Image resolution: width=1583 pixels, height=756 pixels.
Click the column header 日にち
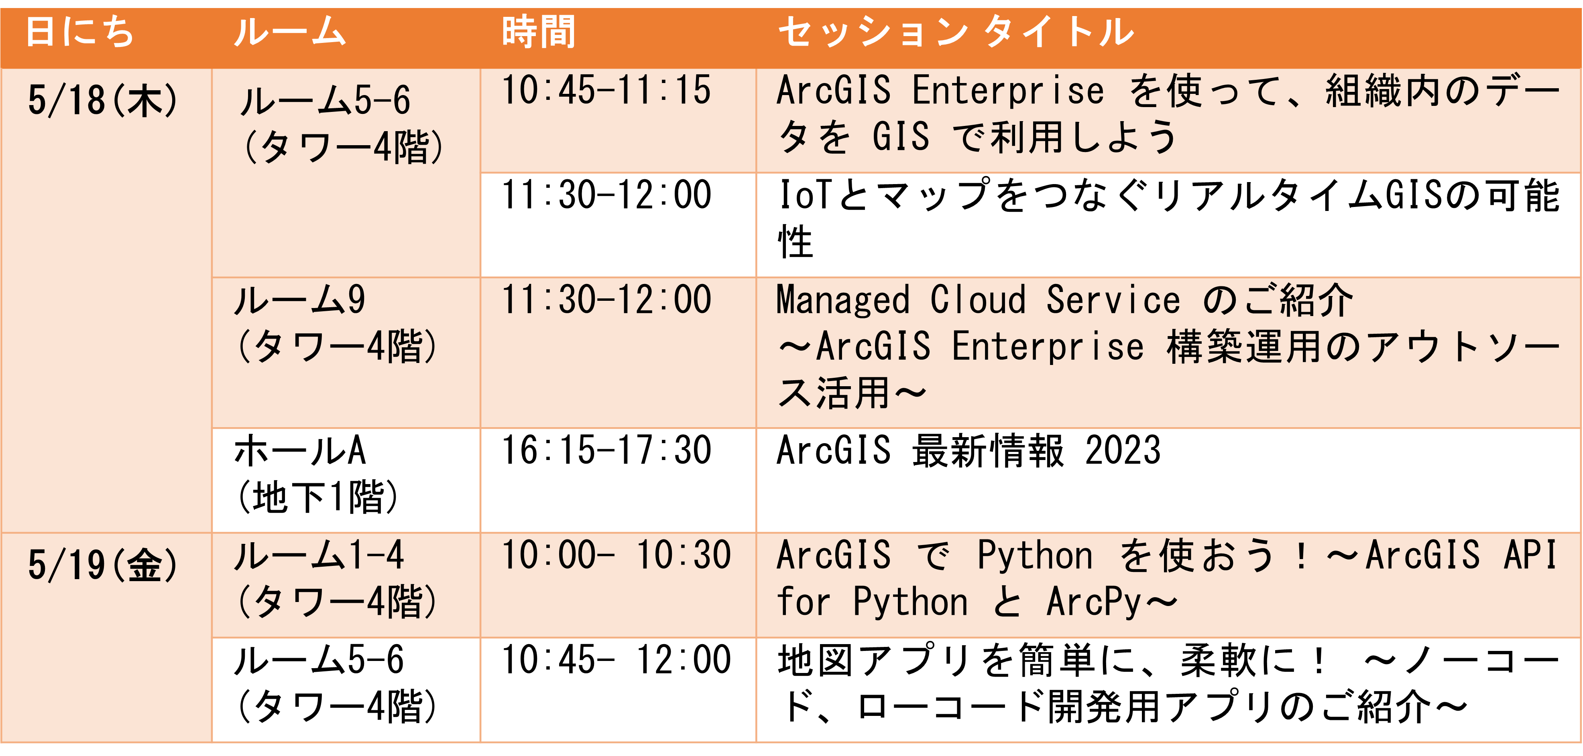80,32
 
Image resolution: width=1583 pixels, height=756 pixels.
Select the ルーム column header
290,32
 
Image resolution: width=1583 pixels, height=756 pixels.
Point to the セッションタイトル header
956,32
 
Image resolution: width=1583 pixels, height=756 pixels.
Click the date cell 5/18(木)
103,101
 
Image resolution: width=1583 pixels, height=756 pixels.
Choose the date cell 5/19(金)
103,565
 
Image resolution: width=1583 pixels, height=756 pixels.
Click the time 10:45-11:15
606,90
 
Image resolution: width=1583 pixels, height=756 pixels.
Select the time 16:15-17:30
606,450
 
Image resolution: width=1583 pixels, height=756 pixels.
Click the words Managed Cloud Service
978,300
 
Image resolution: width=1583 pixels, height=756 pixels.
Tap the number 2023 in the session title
1123,450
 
